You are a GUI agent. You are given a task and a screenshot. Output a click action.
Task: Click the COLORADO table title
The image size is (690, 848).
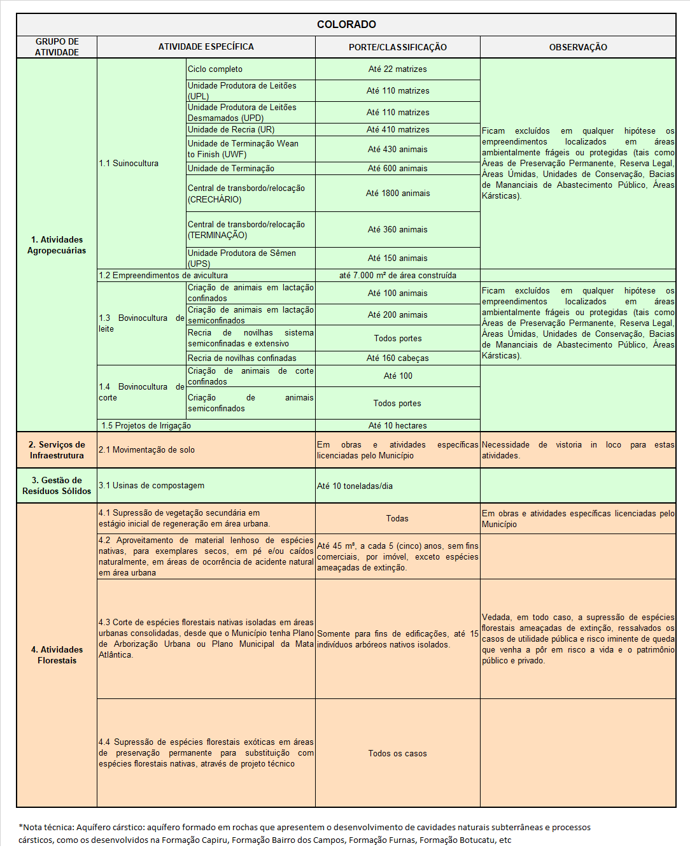[346, 24]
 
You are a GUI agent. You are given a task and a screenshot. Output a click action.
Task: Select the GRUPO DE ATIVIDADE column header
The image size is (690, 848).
[57, 47]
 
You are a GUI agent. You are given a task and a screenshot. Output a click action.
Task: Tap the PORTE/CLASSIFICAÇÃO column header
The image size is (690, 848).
[397, 47]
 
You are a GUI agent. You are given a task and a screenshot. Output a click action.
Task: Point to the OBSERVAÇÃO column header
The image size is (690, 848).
[578, 47]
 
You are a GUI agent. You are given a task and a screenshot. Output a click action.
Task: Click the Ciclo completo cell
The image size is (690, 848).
[215, 69]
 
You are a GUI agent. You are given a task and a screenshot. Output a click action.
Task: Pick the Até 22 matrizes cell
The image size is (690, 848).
[397, 69]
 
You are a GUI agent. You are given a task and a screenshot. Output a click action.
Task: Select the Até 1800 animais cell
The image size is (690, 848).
[397, 194]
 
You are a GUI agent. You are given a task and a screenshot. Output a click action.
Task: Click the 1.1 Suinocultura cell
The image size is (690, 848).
[129, 164]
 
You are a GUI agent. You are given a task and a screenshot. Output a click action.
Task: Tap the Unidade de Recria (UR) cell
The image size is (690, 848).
[231, 130]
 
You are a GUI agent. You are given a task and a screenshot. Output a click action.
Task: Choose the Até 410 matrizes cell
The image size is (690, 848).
[397, 130]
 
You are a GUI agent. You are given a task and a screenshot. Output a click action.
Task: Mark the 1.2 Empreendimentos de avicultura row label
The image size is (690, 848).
[164, 276]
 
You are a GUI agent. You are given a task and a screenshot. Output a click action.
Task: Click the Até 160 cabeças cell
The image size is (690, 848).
[397, 358]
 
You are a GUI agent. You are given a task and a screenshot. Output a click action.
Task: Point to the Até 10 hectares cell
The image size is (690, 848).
[397, 426]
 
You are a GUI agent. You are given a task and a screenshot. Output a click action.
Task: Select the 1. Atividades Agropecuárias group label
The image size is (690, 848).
[57, 245]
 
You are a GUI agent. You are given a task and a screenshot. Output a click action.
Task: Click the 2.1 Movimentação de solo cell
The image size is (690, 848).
[147, 450]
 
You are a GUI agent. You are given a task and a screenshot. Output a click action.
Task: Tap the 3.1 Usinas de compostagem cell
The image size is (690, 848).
[151, 486]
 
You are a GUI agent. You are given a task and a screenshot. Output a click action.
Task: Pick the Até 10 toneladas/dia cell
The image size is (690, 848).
[355, 486]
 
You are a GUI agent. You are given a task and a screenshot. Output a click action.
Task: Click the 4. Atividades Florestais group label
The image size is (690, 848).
[57, 655]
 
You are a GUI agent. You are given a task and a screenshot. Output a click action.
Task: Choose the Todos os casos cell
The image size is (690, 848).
[397, 754]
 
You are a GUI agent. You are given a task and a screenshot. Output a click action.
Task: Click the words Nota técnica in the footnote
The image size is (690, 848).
[47, 828]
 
